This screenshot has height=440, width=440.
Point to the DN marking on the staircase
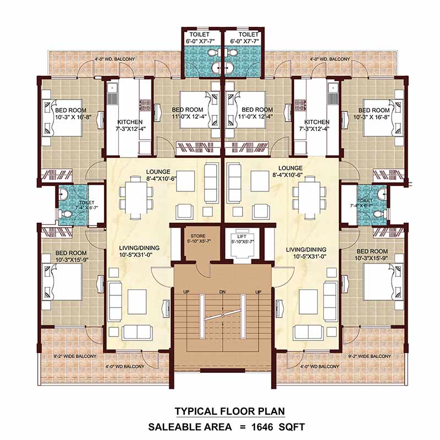[222, 291]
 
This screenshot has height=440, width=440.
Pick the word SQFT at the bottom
[291, 426]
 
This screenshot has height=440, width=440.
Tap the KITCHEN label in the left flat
[130, 122]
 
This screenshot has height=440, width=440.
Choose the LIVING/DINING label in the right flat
[307, 249]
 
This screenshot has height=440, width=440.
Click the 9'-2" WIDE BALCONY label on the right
[370, 356]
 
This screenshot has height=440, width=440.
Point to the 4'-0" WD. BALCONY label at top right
[329, 59]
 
